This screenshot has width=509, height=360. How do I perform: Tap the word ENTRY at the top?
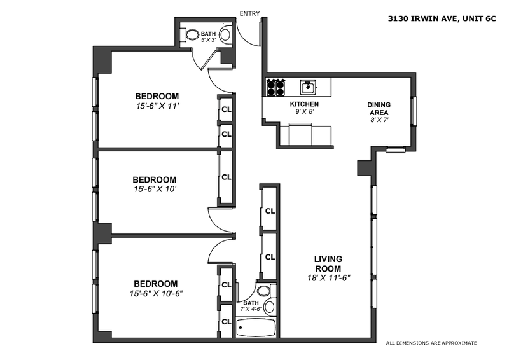[x=248, y=13]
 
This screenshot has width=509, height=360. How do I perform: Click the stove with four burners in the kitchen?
[x=275, y=86]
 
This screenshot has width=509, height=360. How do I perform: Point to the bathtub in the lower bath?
[x=256, y=328]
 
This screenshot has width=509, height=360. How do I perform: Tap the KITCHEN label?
[x=304, y=104]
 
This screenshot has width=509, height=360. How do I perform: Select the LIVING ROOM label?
[x=328, y=263]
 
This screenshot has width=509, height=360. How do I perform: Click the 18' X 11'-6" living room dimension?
[x=328, y=277]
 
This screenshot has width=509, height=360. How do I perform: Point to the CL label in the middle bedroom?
[x=226, y=177]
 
